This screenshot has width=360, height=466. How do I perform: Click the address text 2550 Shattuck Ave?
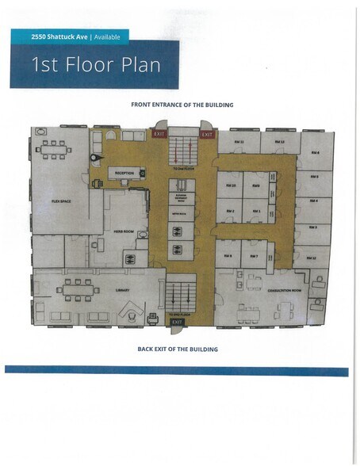pyautogui.click(x=52, y=36)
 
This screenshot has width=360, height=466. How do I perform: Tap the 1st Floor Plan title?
pyautogui.click(x=96, y=64)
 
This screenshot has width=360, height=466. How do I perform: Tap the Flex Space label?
pyautogui.click(x=62, y=201)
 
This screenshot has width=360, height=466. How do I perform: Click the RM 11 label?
pyautogui.click(x=242, y=142)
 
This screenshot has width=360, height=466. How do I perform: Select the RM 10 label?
pyautogui.click(x=231, y=185)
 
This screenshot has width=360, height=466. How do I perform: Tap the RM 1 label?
pyautogui.click(x=256, y=211)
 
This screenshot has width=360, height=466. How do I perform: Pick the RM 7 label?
pyautogui.click(x=254, y=256)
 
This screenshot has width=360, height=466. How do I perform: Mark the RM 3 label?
pyautogui.click(x=313, y=227)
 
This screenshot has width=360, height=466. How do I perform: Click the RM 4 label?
pyautogui.click(x=314, y=201)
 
